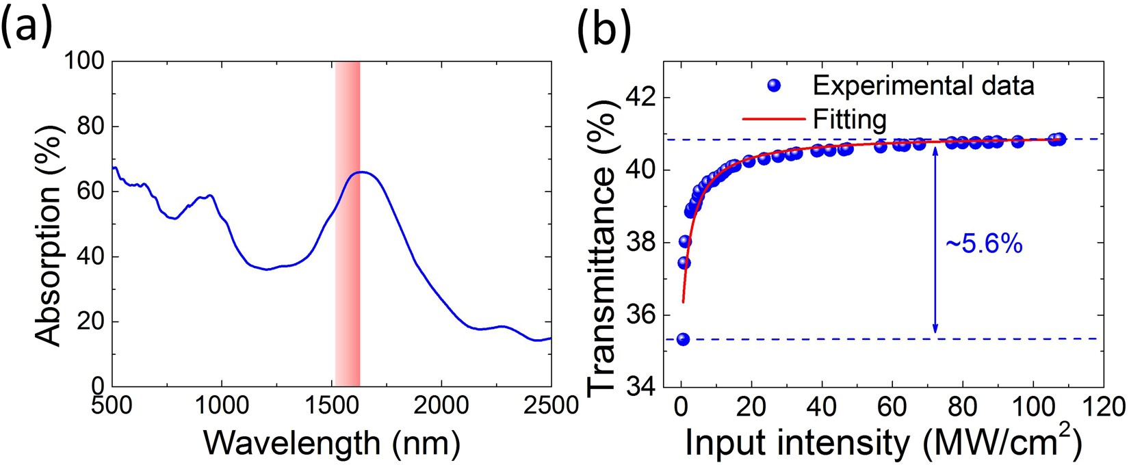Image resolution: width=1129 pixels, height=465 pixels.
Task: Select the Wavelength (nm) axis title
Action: [x=332, y=443]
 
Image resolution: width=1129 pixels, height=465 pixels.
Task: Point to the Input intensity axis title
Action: [x=883, y=443]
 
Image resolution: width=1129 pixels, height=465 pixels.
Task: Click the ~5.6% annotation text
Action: [x=984, y=244]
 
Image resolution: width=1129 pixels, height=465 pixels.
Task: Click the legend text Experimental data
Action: [x=923, y=85]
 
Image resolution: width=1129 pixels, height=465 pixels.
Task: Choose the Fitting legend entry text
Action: [x=849, y=120]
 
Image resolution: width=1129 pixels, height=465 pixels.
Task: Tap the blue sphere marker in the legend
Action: [x=774, y=85]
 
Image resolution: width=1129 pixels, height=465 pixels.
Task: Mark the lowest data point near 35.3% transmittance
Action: [x=683, y=339]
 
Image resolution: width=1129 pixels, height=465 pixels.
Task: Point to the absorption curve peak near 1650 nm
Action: [x=362, y=172]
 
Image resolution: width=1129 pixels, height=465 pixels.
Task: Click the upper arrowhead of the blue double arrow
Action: [x=935, y=149]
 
